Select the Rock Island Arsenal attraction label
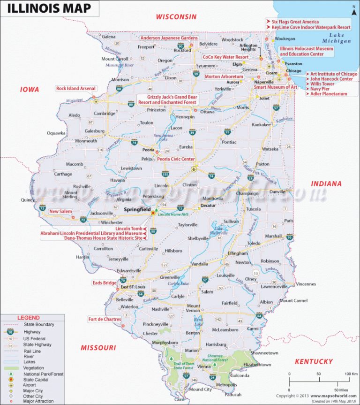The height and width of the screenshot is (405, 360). tap(75, 88)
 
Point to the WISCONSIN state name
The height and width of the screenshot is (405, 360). tap(176, 17)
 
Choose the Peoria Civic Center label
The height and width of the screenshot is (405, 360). tap(176, 159)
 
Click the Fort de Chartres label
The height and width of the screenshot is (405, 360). tap(105, 320)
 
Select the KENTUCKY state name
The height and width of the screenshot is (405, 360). tap(314, 361)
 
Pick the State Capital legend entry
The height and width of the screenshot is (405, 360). tap(30, 379)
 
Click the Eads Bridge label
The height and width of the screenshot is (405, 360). tap(104, 283)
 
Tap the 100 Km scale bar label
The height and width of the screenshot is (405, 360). tap(351, 374)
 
